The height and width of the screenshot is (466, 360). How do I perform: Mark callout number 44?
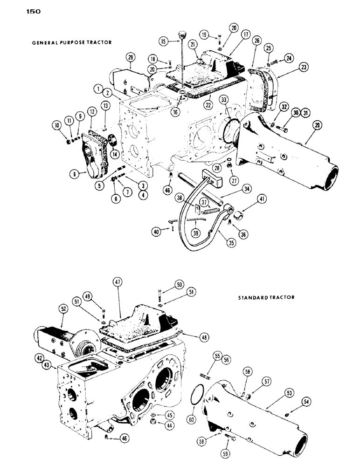(x=159, y=424)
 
